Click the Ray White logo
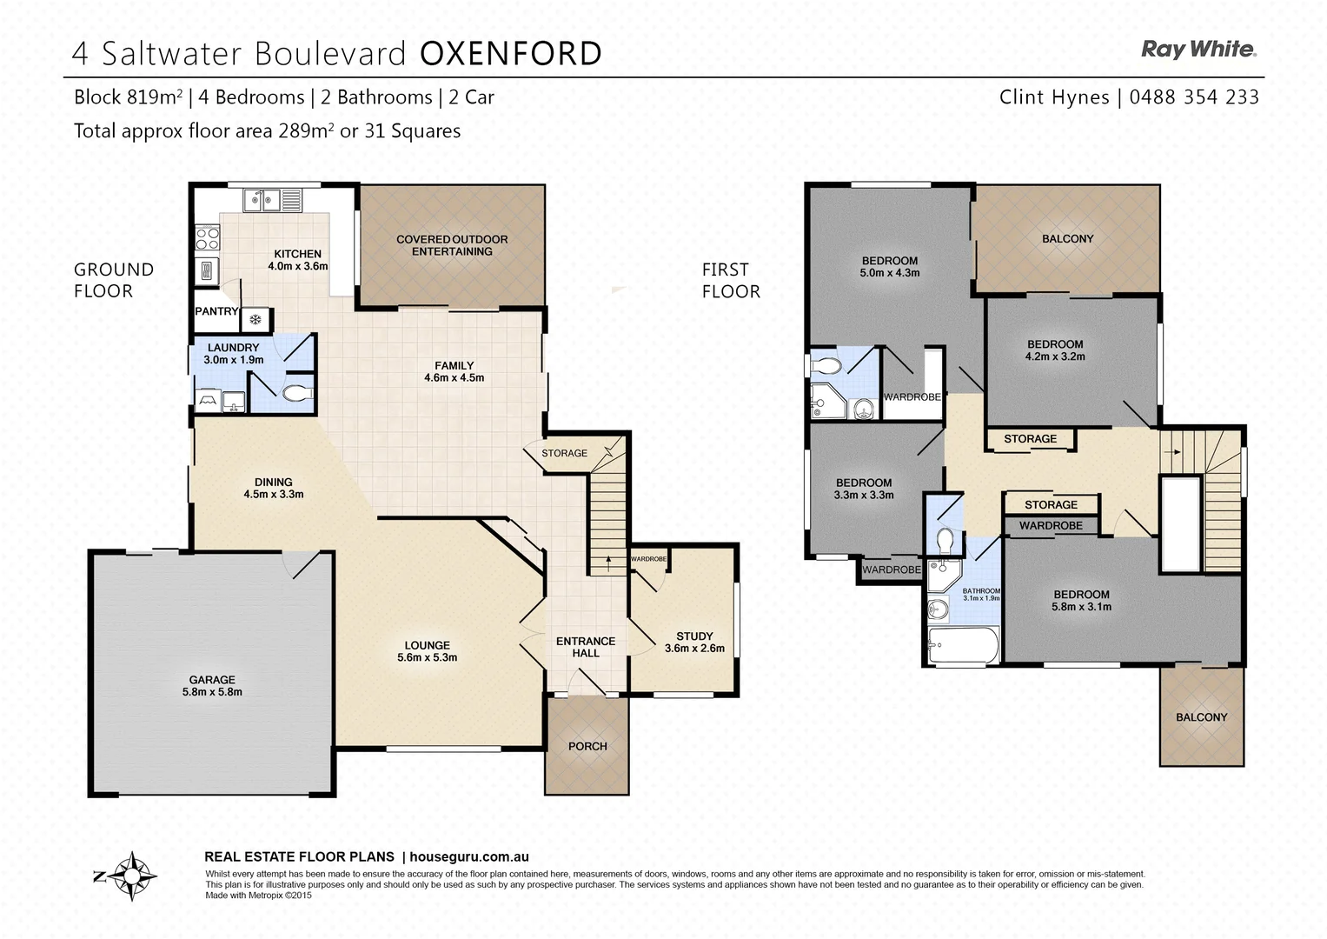1198,50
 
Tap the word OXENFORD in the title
510,54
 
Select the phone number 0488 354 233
1194,97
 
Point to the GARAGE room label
212,686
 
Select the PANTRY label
216,311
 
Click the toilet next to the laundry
296,394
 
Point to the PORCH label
587,746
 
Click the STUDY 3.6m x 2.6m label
693,642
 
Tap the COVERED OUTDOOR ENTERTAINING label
452,245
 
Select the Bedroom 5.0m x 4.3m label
890,266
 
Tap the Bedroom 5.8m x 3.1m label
1081,601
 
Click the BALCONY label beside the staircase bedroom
1201,717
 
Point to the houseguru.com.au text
468,856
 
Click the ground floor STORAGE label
564,453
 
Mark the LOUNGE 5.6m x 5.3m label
427,651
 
